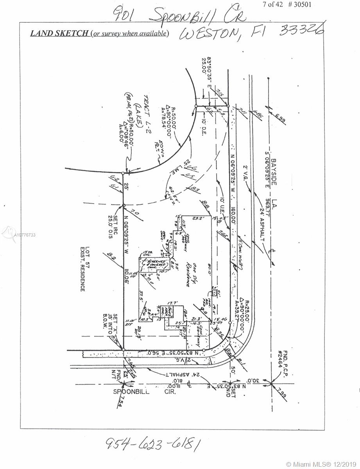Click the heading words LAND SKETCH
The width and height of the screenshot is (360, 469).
[x=59, y=33]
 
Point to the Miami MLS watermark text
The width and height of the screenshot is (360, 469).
[x=322, y=464]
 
